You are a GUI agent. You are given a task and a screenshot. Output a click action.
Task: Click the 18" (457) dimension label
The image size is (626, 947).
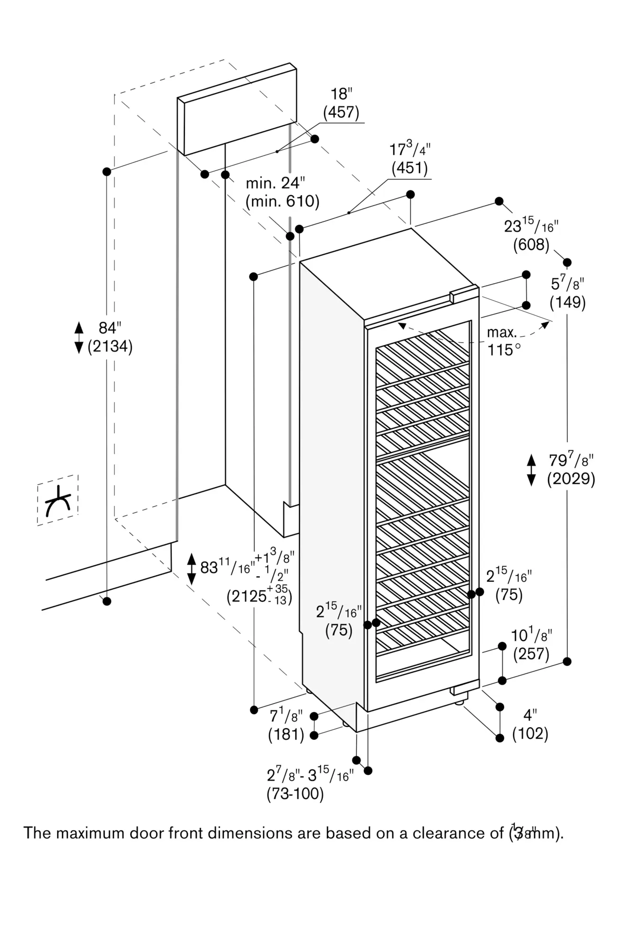pos(341,103)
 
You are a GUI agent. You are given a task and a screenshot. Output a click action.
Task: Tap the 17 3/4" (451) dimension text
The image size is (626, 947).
pos(409,159)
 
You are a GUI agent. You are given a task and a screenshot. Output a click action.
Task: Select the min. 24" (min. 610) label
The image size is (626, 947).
pos(282,192)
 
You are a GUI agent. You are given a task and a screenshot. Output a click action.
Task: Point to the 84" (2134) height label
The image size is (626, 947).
pos(110,337)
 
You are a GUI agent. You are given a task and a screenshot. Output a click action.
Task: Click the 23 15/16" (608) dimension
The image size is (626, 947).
pos(531,235)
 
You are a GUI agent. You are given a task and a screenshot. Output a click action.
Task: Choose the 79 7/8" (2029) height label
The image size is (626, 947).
pos(571,469)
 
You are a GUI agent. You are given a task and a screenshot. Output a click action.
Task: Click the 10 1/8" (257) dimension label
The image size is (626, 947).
pos(531,644)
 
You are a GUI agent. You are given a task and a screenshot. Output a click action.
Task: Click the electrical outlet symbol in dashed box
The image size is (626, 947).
pos(58,500)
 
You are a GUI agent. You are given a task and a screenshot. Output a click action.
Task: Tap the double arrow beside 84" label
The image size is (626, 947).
pos(79,337)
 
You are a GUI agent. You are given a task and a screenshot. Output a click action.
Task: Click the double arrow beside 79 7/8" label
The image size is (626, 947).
pos(531,469)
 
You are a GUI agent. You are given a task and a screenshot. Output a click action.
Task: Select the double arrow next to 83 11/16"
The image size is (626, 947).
pos(191,568)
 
